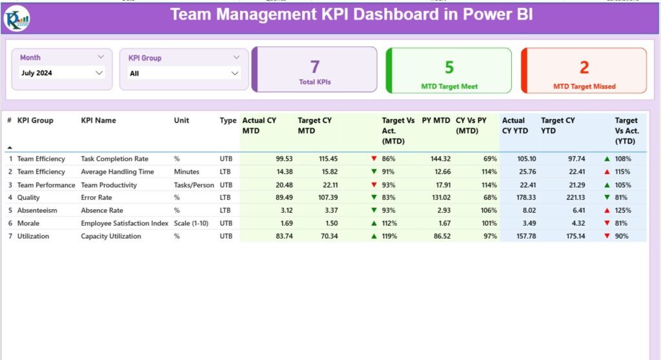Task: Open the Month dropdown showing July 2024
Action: click(62, 73)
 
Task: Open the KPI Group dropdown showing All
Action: click(184, 74)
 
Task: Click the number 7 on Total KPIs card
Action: click(315, 66)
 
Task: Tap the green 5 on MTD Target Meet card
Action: click(449, 66)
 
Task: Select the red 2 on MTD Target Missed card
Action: click(584, 67)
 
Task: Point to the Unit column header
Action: click(181, 120)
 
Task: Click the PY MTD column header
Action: click(436, 120)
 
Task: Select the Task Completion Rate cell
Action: click(114, 159)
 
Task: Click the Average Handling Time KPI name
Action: click(117, 172)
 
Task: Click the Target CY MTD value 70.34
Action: click(328, 236)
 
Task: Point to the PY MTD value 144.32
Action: click(440, 159)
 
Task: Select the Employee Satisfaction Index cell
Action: click(124, 223)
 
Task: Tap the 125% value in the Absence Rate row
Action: click(624, 210)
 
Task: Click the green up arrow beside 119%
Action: click(374, 236)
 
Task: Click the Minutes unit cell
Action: click(187, 172)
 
